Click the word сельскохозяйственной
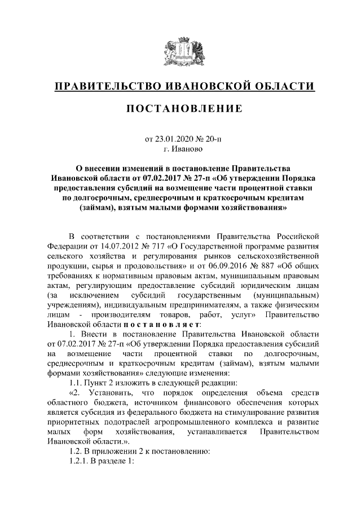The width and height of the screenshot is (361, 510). [x=277, y=256]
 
